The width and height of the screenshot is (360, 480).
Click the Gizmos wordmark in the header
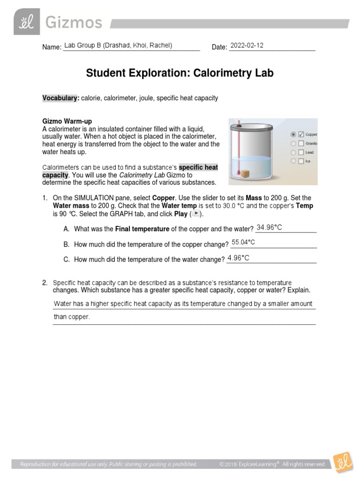(73, 22)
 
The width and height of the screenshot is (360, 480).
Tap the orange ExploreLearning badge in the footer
(341, 464)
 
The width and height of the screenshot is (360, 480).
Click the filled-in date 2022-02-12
(247, 45)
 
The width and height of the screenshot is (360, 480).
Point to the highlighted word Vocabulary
(60, 98)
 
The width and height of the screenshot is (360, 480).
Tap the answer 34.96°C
(270, 227)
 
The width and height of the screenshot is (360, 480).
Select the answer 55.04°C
(243, 242)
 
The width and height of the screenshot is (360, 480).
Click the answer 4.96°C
(238, 258)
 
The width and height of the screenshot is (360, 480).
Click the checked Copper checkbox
(301, 135)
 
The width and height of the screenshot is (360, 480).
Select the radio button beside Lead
(293, 152)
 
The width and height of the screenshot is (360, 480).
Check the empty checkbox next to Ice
(301, 161)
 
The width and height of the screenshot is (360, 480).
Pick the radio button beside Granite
(293, 143)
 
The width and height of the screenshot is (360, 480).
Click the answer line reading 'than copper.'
(72, 317)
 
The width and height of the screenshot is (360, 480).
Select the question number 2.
(45, 283)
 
